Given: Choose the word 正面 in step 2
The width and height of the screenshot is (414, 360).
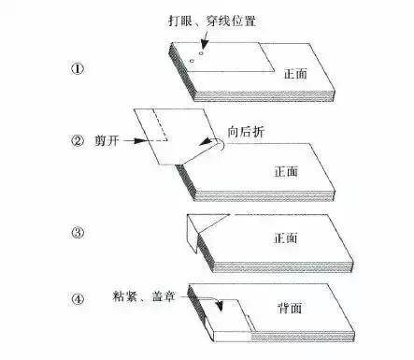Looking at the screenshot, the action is (x=287, y=172).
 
